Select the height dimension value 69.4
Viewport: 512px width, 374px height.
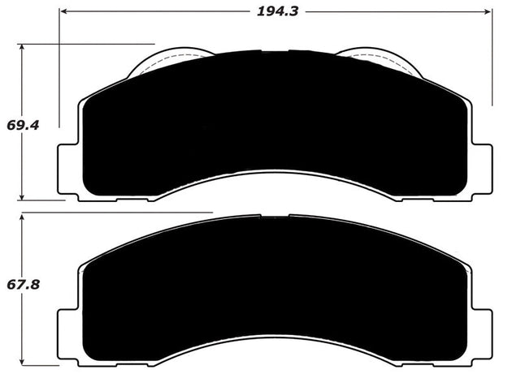22,126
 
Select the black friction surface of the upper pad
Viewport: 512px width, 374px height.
276,122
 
